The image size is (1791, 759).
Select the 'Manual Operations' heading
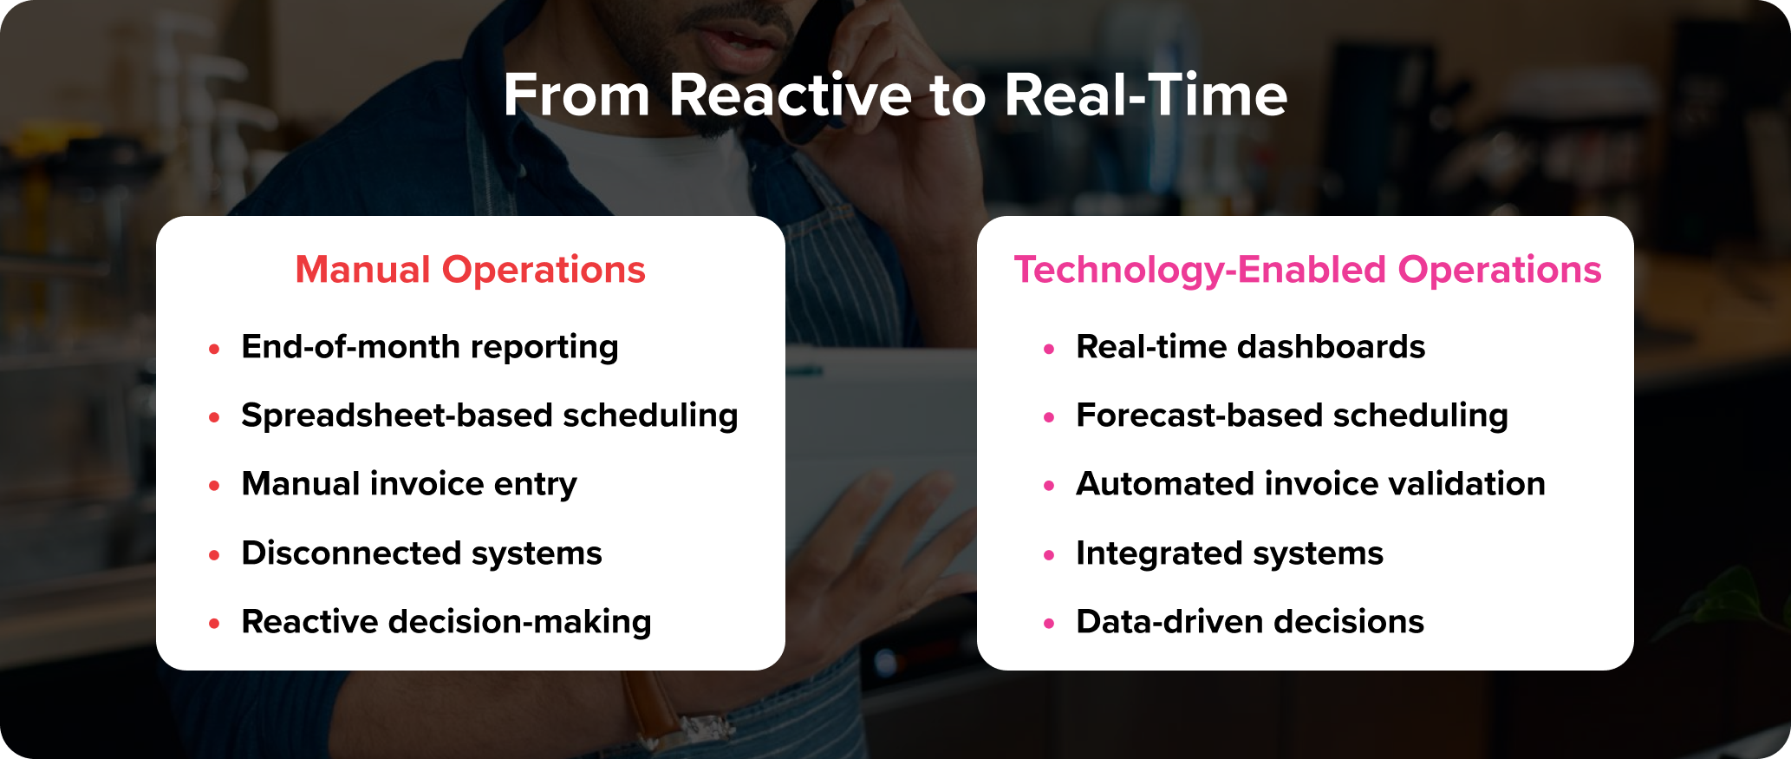point(470,270)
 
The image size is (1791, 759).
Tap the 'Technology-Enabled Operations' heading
point(1307,270)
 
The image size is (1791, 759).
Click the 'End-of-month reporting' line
point(429,347)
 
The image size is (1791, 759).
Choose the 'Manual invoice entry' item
point(408,484)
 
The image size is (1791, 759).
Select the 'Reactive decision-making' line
point(446,622)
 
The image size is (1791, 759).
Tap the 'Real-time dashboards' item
point(1250,347)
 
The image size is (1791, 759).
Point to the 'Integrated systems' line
point(1229,553)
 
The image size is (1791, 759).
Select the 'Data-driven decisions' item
point(1249,622)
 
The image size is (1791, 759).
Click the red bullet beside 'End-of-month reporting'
point(214,349)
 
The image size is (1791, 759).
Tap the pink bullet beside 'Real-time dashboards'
point(1049,349)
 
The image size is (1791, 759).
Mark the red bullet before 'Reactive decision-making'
point(214,624)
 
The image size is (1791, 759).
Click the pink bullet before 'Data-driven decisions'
point(1049,624)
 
